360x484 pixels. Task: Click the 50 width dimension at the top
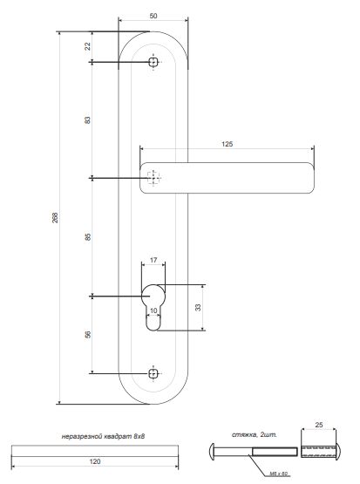click(x=153, y=17)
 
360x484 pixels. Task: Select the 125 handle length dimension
click(x=228, y=143)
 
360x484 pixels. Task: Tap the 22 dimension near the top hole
click(x=88, y=45)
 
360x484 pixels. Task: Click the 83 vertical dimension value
click(x=88, y=120)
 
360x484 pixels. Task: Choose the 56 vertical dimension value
click(x=88, y=334)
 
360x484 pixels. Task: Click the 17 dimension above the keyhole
click(x=153, y=261)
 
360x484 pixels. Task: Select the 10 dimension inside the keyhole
click(x=153, y=310)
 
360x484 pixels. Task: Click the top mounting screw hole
click(x=153, y=63)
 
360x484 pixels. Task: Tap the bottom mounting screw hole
click(x=153, y=372)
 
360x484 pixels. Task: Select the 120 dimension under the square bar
click(x=93, y=463)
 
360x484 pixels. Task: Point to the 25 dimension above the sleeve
click(x=318, y=425)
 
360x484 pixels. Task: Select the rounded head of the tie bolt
click(x=214, y=452)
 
